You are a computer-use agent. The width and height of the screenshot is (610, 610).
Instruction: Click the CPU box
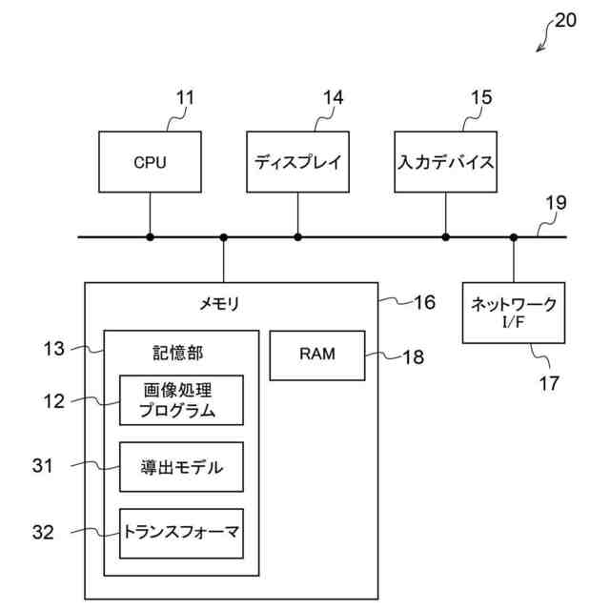(150, 162)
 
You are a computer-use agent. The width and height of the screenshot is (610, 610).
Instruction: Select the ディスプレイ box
(297, 162)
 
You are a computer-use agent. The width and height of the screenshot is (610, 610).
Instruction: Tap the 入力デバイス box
(445, 162)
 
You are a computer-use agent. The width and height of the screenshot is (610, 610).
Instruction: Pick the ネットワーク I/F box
(514, 312)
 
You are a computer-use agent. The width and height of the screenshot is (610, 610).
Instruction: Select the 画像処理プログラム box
(180, 400)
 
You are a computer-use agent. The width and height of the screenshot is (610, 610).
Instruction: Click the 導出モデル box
(180, 467)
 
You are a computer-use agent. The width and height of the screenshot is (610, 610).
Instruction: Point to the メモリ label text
(219, 305)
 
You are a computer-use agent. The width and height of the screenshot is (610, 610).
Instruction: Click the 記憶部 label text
(178, 354)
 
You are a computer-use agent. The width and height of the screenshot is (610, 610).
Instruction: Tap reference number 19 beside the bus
(556, 203)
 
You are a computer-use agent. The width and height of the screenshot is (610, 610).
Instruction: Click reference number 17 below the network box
(549, 384)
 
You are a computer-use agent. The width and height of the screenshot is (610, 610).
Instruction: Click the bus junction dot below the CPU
(150, 236)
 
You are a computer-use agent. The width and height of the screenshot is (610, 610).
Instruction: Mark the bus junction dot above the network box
(514, 236)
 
